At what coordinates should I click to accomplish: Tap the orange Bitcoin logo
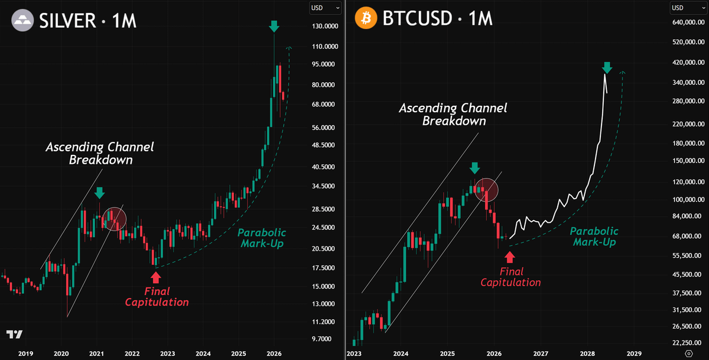tap(366, 20)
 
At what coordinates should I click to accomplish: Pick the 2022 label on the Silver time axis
tap(132, 353)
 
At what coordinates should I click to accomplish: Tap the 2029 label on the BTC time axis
tap(634, 353)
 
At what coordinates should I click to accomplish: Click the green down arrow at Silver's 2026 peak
tap(274, 26)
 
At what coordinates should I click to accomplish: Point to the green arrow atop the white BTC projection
tap(606, 67)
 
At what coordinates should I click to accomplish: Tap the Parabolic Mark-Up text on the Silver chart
tap(262, 238)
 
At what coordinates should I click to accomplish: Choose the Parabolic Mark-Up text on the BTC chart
tap(594, 236)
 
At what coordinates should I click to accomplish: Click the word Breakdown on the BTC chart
tap(454, 121)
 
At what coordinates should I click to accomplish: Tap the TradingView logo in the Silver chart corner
tap(15, 335)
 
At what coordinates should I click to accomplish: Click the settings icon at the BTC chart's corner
tap(689, 353)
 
